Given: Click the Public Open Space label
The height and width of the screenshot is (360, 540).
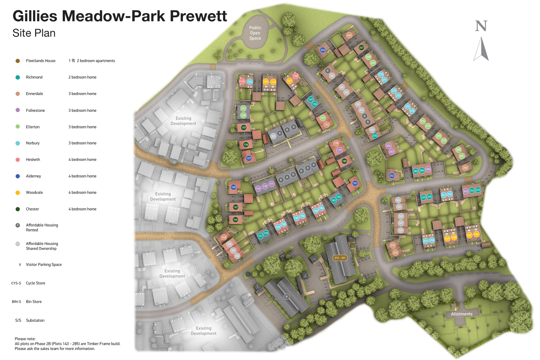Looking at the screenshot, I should coord(255,33).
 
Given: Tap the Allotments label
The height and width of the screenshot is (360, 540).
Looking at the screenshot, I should coord(462,314).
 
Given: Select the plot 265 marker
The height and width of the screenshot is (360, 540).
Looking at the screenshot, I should coord(322,50).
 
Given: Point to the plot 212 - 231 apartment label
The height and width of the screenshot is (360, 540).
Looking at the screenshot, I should coord(340,258).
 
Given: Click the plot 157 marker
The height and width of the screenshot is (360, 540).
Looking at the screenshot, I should coord(249,158).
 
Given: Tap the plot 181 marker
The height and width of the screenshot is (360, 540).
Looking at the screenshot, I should coord(355,183).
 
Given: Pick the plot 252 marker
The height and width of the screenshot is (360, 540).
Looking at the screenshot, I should coord(391,176).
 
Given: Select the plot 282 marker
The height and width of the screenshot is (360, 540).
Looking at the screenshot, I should coord(465,168).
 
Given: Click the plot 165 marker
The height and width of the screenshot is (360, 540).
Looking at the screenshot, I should coord(224,237).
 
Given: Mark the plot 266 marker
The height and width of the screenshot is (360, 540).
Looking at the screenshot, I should coord(349,35).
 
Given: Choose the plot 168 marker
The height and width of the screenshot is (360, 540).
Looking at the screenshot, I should coord(233,187).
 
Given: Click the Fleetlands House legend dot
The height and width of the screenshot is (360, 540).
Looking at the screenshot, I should coord(18,61).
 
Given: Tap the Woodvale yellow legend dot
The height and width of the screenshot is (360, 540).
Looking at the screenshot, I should coord(18,193).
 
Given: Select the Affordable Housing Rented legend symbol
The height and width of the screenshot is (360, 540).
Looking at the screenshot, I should coord(18,225).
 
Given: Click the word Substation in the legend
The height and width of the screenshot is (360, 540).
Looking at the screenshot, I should coord(35,320).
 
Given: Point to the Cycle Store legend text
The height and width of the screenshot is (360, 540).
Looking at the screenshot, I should coord(35,283).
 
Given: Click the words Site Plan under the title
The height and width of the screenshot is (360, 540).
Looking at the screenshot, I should coord(34,33).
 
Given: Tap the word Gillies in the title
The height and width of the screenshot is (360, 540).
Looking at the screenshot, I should coord(35,16).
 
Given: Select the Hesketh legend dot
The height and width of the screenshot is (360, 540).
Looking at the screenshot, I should coord(18,160).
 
